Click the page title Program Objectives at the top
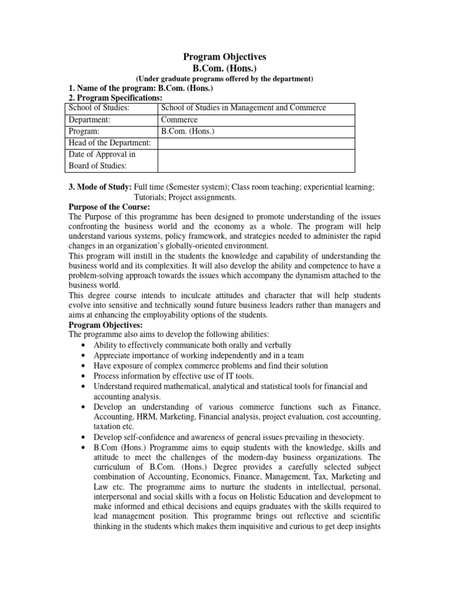tap(224, 57)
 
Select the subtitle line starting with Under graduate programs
tap(224, 79)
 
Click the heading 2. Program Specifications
tap(116, 97)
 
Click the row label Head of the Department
tap(110, 144)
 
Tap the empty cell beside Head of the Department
tap(256, 144)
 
